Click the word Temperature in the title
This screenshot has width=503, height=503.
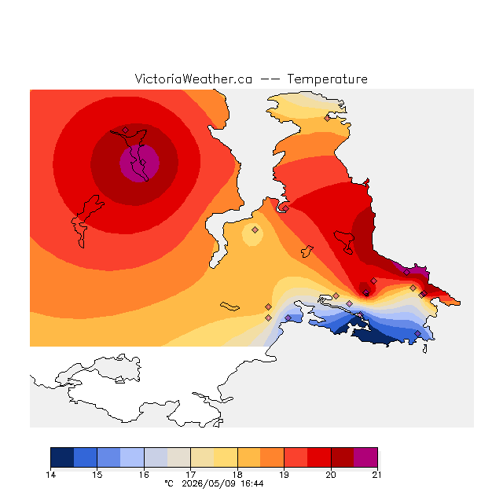pyautogui.click(x=327, y=79)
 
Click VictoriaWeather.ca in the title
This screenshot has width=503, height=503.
pyautogui.click(x=193, y=79)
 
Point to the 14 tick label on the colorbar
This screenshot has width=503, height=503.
pyautogui.click(x=50, y=475)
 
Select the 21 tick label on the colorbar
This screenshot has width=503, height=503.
pyautogui.click(x=377, y=475)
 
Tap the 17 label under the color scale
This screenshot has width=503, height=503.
pyautogui.click(x=190, y=475)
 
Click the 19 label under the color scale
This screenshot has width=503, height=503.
pyautogui.click(x=284, y=475)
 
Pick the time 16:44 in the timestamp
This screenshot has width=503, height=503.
pyautogui.click(x=252, y=483)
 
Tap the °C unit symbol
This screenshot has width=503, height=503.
pyautogui.click(x=169, y=483)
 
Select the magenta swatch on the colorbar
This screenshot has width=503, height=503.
pyautogui.click(x=365, y=457)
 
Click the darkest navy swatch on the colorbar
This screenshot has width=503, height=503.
pyautogui.click(x=62, y=457)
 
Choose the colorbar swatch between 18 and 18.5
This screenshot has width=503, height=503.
pyautogui.click(x=249, y=457)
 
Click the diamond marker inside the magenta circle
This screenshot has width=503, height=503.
pyautogui.click(x=143, y=163)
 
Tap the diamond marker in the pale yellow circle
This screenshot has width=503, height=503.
pyautogui.click(x=255, y=229)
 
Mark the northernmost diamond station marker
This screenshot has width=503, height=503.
pyautogui.click(x=327, y=119)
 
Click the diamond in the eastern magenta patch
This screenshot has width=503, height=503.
pyautogui.click(x=406, y=273)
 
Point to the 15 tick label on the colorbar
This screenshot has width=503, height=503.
pyautogui.click(x=97, y=475)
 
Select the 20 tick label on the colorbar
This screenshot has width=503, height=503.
pyautogui.click(x=331, y=475)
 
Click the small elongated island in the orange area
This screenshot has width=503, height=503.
pyautogui.click(x=229, y=307)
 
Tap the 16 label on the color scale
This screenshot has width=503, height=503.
pyautogui.click(x=144, y=475)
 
